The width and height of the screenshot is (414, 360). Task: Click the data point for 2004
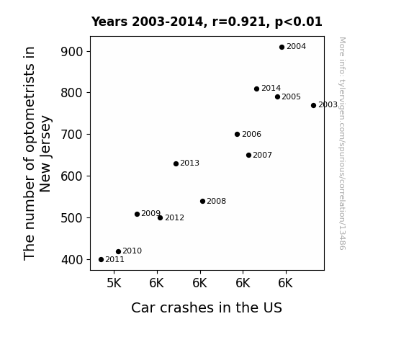[x=282, y=47]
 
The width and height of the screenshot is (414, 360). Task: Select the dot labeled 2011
[x=101, y=260]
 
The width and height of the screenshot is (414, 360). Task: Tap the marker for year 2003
[x=313, y=105]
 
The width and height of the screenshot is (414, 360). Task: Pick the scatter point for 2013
[x=176, y=163]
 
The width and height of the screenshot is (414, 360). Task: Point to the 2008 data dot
[x=202, y=202]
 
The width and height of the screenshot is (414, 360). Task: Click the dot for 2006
[x=237, y=134]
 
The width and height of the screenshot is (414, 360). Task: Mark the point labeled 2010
[x=118, y=251]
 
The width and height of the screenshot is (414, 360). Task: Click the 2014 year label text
[x=271, y=89]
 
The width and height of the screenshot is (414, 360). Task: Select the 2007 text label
[x=262, y=155]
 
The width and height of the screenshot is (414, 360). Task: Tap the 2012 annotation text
[x=174, y=218]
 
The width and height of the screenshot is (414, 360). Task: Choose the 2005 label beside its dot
[x=291, y=97]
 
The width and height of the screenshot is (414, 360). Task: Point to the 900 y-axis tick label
[x=72, y=52]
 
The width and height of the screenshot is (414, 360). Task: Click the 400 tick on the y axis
[x=72, y=260]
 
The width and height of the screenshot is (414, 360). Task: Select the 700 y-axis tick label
[x=72, y=135]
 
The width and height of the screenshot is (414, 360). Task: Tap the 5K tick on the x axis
[x=114, y=283]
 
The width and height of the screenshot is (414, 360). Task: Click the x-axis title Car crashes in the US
[x=207, y=307]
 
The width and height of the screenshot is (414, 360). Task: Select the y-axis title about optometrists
[x=37, y=153]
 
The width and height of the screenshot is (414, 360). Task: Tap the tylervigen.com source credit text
[x=342, y=143]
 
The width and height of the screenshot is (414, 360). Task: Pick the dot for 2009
[x=137, y=215]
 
